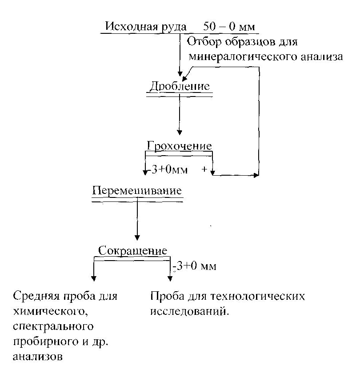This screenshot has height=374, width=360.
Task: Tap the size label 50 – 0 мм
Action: (230, 26)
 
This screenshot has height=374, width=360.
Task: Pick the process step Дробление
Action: (180, 86)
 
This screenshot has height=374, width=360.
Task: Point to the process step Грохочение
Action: (179, 146)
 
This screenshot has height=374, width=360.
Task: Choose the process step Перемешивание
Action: (137, 191)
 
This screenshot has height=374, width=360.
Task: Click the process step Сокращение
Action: (132, 250)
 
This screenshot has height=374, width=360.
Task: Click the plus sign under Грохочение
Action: (204, 169)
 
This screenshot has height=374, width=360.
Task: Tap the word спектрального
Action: (53, 327)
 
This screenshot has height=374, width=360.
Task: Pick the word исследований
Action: (188, 311)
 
